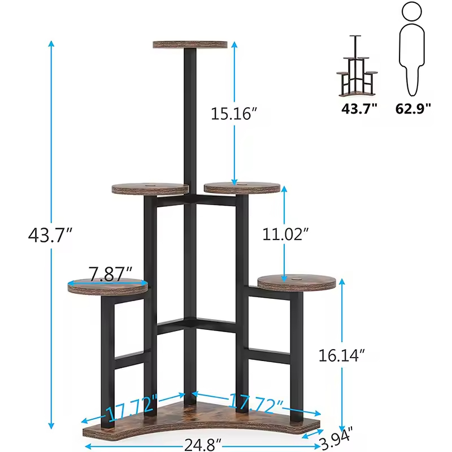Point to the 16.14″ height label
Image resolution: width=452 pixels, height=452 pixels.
point(341,355)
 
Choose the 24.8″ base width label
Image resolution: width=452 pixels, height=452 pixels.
point(202,445)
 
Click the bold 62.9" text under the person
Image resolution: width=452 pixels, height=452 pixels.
point(412,108)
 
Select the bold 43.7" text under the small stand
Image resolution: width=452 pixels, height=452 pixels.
point(359,108)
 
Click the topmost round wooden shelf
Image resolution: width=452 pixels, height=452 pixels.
point(189,44)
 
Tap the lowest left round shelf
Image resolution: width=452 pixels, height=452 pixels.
point(108,286)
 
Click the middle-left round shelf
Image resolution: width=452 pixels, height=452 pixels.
point(150,189)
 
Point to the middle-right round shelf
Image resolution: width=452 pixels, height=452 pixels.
point(242,187)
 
